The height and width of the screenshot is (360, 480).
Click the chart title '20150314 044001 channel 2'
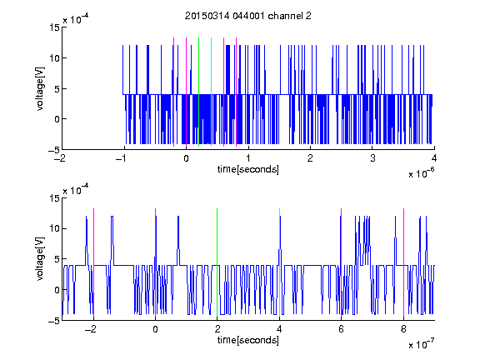click(x=248, y=16)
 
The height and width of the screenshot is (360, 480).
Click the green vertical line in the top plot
click(x=198, y=92)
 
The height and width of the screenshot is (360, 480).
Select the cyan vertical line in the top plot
click(x=211, y=92)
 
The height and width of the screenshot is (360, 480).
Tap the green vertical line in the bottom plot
click(x=217, y=262)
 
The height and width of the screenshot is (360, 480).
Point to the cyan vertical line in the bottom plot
click(x=279, y=262)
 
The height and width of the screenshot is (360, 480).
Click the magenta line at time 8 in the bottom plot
click(x=403, y=262)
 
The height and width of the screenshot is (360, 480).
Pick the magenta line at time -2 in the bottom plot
click(x=93, y=262)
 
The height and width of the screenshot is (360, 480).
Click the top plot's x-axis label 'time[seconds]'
click(x=248, y=169)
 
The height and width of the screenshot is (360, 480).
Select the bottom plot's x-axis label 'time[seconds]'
click(x=248, y=340)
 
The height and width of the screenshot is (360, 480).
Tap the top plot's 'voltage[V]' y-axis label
click(x=40, y=89)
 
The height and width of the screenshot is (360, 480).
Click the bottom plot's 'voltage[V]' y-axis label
click(x=40, y=259)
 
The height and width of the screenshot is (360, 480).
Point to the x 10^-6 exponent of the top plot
click(x=421, y=172)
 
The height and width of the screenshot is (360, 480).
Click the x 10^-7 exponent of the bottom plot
click(x=421, y=343)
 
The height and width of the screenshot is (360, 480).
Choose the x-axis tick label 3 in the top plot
click(x=372, y=158)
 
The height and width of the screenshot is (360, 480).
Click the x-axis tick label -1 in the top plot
click(x=122, y=158)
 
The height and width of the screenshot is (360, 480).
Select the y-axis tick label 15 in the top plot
click(x=54, y=27)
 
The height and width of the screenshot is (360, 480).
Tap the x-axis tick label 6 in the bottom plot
click(x=342, y=329)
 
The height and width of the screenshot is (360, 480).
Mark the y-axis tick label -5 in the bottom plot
click(x=54, y=321)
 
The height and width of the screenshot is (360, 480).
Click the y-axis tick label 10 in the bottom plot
click(x=54, y=228)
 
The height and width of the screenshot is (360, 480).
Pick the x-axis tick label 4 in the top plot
click(x=434, y=158)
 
